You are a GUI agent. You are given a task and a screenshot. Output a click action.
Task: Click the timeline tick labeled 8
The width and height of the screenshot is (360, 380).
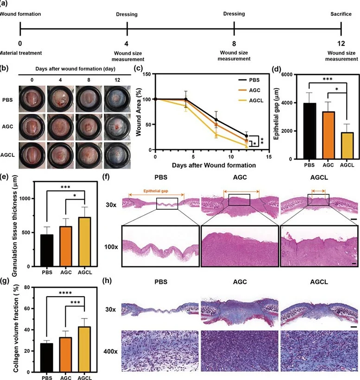coord(234,31)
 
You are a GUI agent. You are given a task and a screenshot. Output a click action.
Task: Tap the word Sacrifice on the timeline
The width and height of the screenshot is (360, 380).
coord(341,14)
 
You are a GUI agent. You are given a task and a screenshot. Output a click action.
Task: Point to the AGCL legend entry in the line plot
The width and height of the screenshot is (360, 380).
coord(248,100)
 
